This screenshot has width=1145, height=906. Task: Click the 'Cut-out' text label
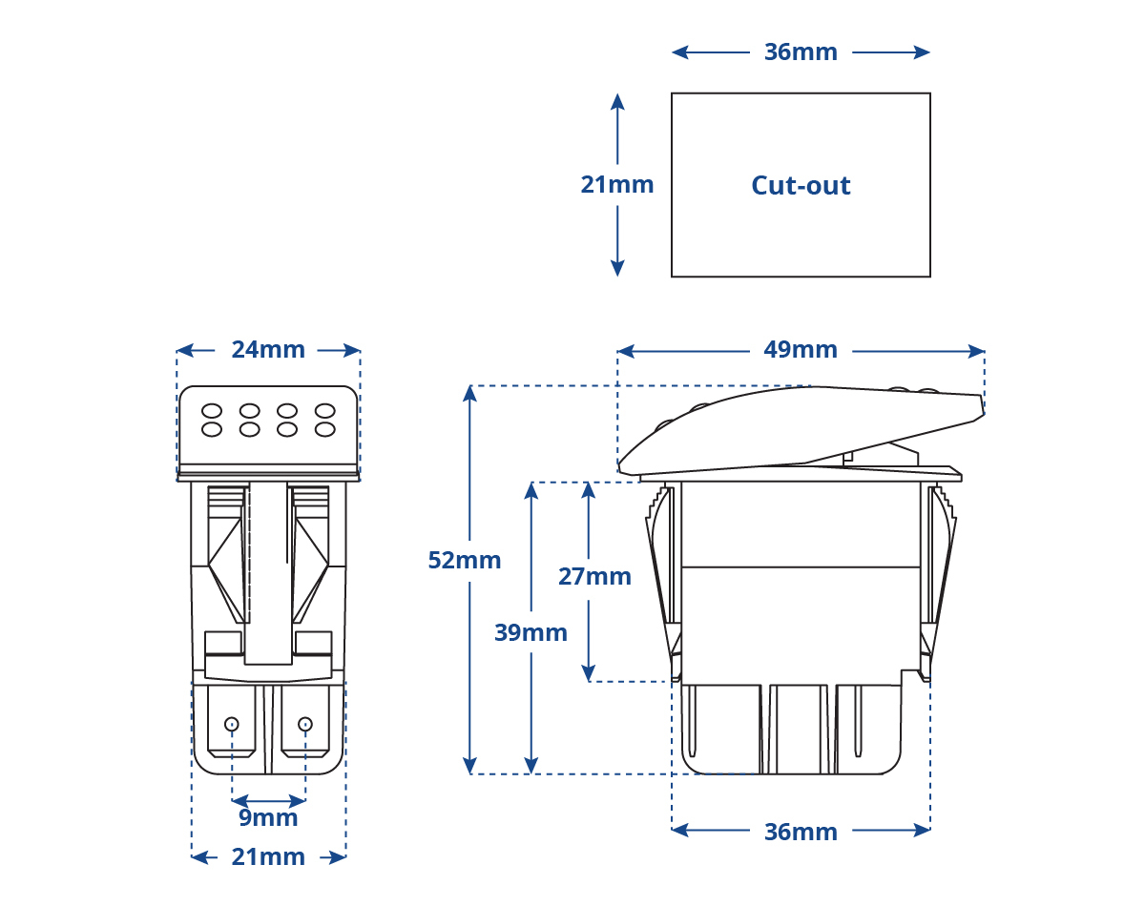pos(801,185)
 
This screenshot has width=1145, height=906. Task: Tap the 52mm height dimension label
pos(465,560)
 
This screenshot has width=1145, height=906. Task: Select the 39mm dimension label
pos(531,632)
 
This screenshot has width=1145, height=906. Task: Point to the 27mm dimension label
pos(594,576)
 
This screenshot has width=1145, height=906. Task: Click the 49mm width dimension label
pos(801,350)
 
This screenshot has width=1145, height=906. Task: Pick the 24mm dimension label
pos(268,350)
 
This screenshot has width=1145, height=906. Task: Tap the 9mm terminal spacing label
pos(268,817)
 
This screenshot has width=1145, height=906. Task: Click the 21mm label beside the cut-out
pos(616,185)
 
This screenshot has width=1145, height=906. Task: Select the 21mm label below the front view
pos(268,857)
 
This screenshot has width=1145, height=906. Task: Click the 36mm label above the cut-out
pos(801,52)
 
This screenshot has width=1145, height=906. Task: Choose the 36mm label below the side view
pos(801,832)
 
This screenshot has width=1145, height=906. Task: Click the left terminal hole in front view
pos(232,724)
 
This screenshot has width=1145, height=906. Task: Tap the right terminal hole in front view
pos(305,724)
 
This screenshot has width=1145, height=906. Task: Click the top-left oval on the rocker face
pos(211,411)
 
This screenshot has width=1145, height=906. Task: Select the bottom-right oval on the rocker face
pos(324,429)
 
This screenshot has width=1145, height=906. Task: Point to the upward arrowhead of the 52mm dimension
pos(469,393)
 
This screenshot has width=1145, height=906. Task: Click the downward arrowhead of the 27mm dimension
pos(588,673)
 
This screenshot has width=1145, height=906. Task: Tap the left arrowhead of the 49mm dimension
pos(626,351)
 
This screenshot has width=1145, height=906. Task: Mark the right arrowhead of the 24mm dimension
pos(352,351)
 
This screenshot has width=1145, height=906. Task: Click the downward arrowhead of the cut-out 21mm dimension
pos(617,269)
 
